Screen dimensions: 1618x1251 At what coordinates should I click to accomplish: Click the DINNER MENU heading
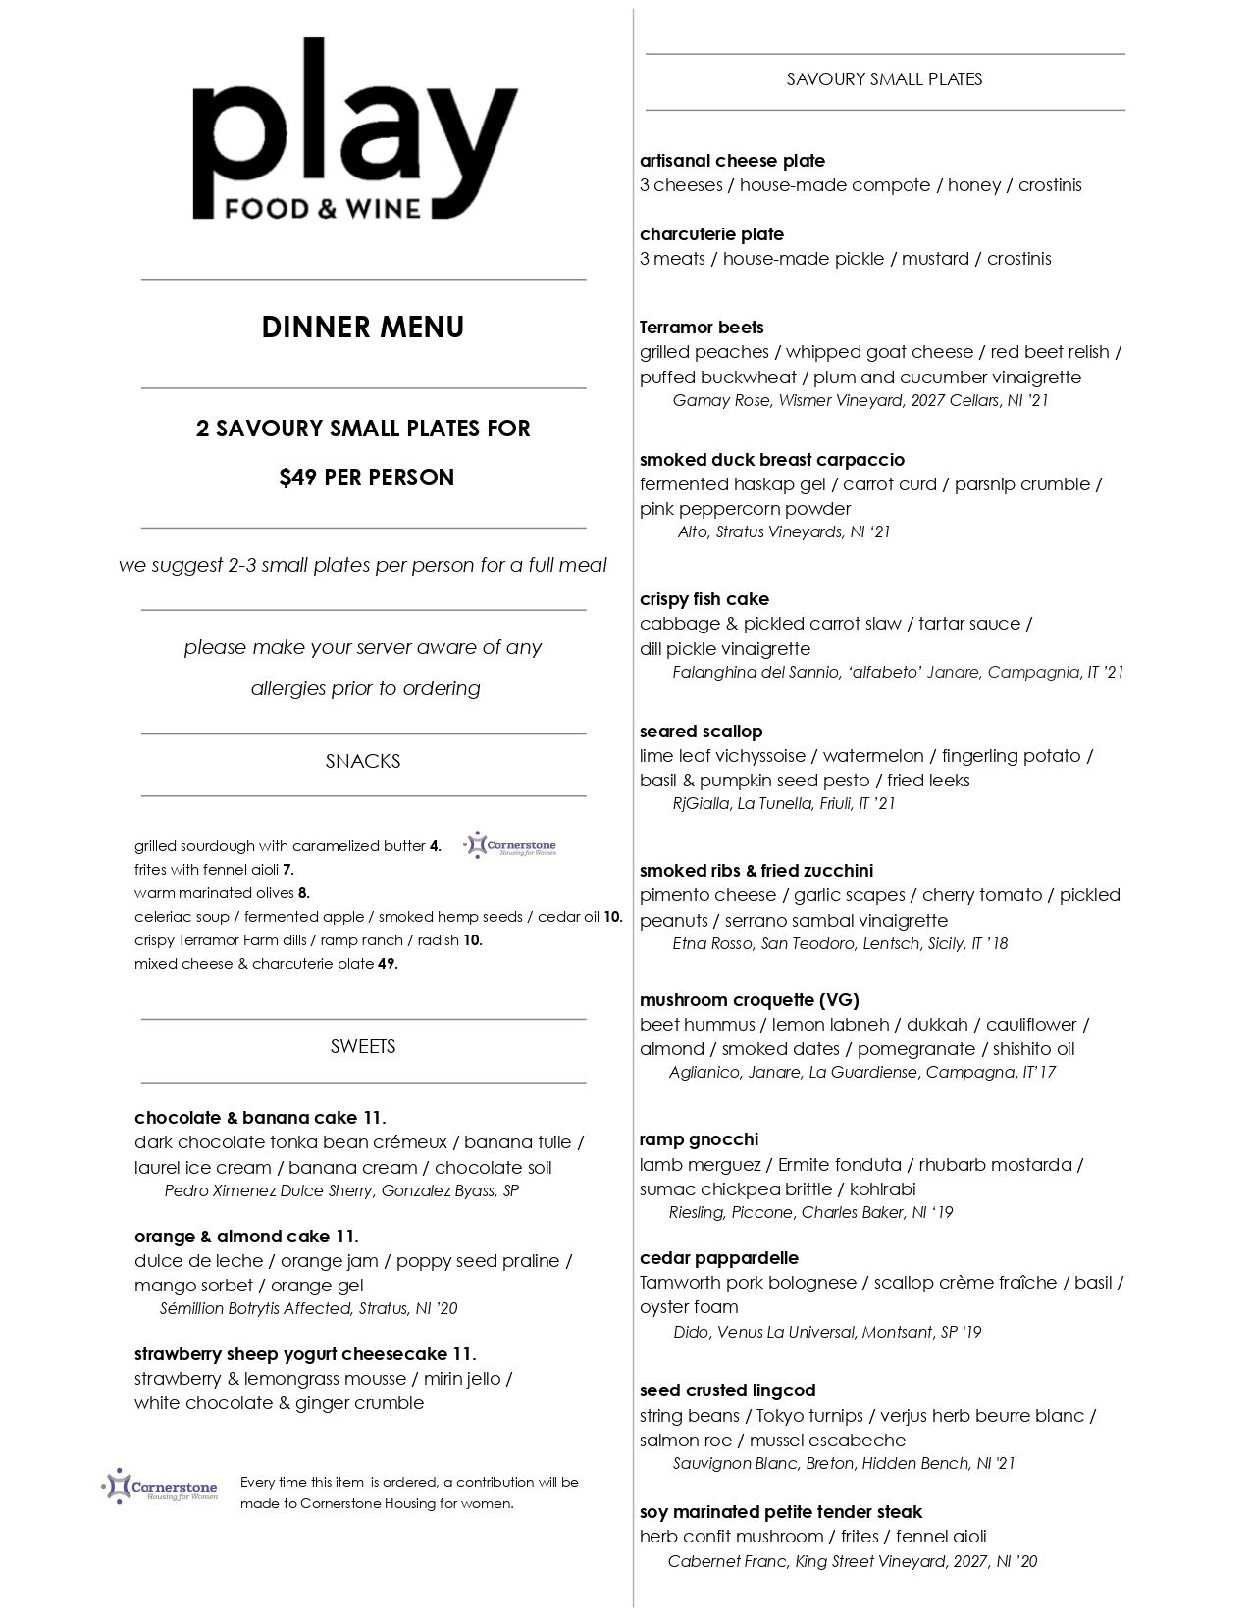[363, 328]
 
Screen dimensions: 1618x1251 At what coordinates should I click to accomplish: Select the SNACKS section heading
[363, 762]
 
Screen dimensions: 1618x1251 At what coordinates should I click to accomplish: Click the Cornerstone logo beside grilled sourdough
[510, 845]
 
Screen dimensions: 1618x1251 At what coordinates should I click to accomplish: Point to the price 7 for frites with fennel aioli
[288, 870]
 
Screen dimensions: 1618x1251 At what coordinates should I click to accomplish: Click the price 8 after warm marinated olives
[304, 893]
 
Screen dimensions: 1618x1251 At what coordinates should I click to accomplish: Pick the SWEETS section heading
[363, 1047]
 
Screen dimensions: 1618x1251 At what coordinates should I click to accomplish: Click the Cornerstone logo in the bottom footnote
[160, 1487]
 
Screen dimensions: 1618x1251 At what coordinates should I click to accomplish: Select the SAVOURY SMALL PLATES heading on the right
[884, 79]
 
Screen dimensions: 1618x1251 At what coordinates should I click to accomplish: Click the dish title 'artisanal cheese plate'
[732, 161]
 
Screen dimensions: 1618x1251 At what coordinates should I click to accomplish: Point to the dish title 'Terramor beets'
[702, 328]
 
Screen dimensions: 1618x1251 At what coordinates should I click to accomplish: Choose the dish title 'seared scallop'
[701, 732]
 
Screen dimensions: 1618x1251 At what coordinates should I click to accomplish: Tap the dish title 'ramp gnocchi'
[699, 1139]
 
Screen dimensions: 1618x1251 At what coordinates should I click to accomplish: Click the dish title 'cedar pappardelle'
[719, 1258]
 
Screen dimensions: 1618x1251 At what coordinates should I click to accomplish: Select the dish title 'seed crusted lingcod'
[727, 1390]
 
